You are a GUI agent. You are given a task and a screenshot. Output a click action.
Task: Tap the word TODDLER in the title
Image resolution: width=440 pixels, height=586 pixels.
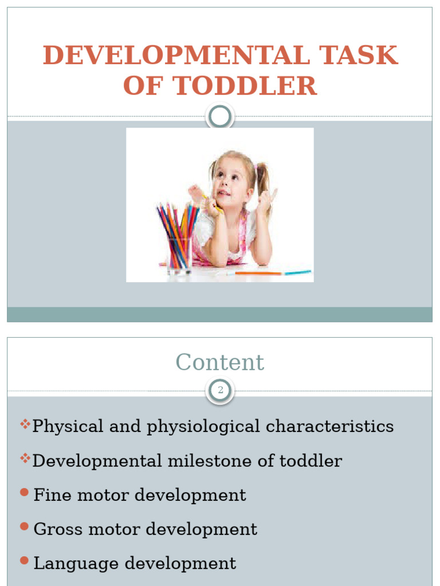point(245,86)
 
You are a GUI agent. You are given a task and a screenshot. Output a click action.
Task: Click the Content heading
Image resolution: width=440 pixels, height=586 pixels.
point(220,362)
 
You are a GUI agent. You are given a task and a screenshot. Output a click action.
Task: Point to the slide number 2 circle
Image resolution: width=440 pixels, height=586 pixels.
point(220,391)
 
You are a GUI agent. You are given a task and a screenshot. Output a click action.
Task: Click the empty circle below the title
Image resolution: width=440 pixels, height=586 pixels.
point(220,117)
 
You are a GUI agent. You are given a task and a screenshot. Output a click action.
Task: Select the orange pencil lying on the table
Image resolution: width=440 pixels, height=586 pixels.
point(258,273)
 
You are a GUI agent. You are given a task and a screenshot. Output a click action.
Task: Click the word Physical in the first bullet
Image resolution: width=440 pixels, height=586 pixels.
point(68,426)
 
